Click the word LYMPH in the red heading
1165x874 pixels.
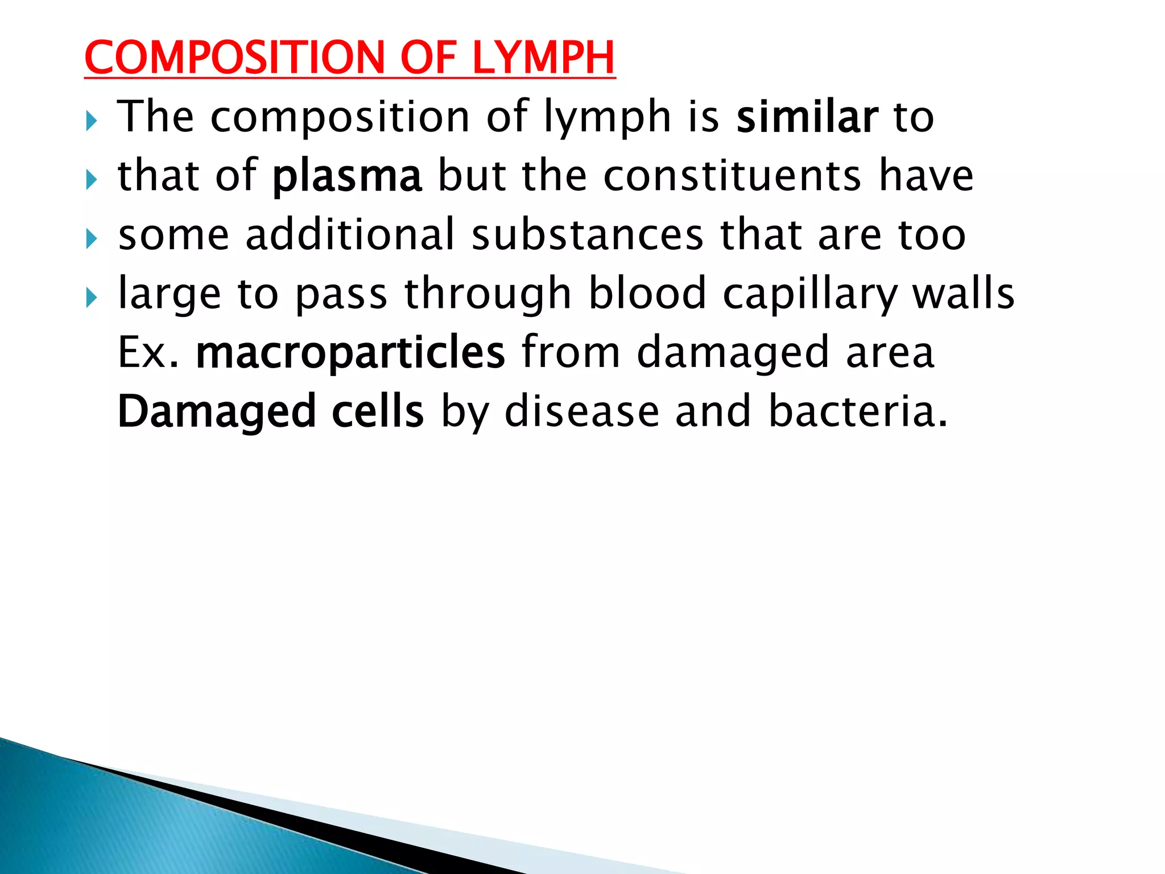[543, 58]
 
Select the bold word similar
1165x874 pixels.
[807, 117]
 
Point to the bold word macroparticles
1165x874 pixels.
[350, 353]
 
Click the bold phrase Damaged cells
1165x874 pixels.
[271, 412]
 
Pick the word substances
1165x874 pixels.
[588, 234]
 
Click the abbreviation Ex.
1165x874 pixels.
[148, 353]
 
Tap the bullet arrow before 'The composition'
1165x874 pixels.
[92, 121]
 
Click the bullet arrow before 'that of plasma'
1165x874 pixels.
[92, 180]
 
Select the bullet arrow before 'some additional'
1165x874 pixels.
[92, 239]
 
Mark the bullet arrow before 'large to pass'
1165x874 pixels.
[92, 298]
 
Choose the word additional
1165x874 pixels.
[350, 234]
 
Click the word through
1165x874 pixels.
[488, 295]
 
